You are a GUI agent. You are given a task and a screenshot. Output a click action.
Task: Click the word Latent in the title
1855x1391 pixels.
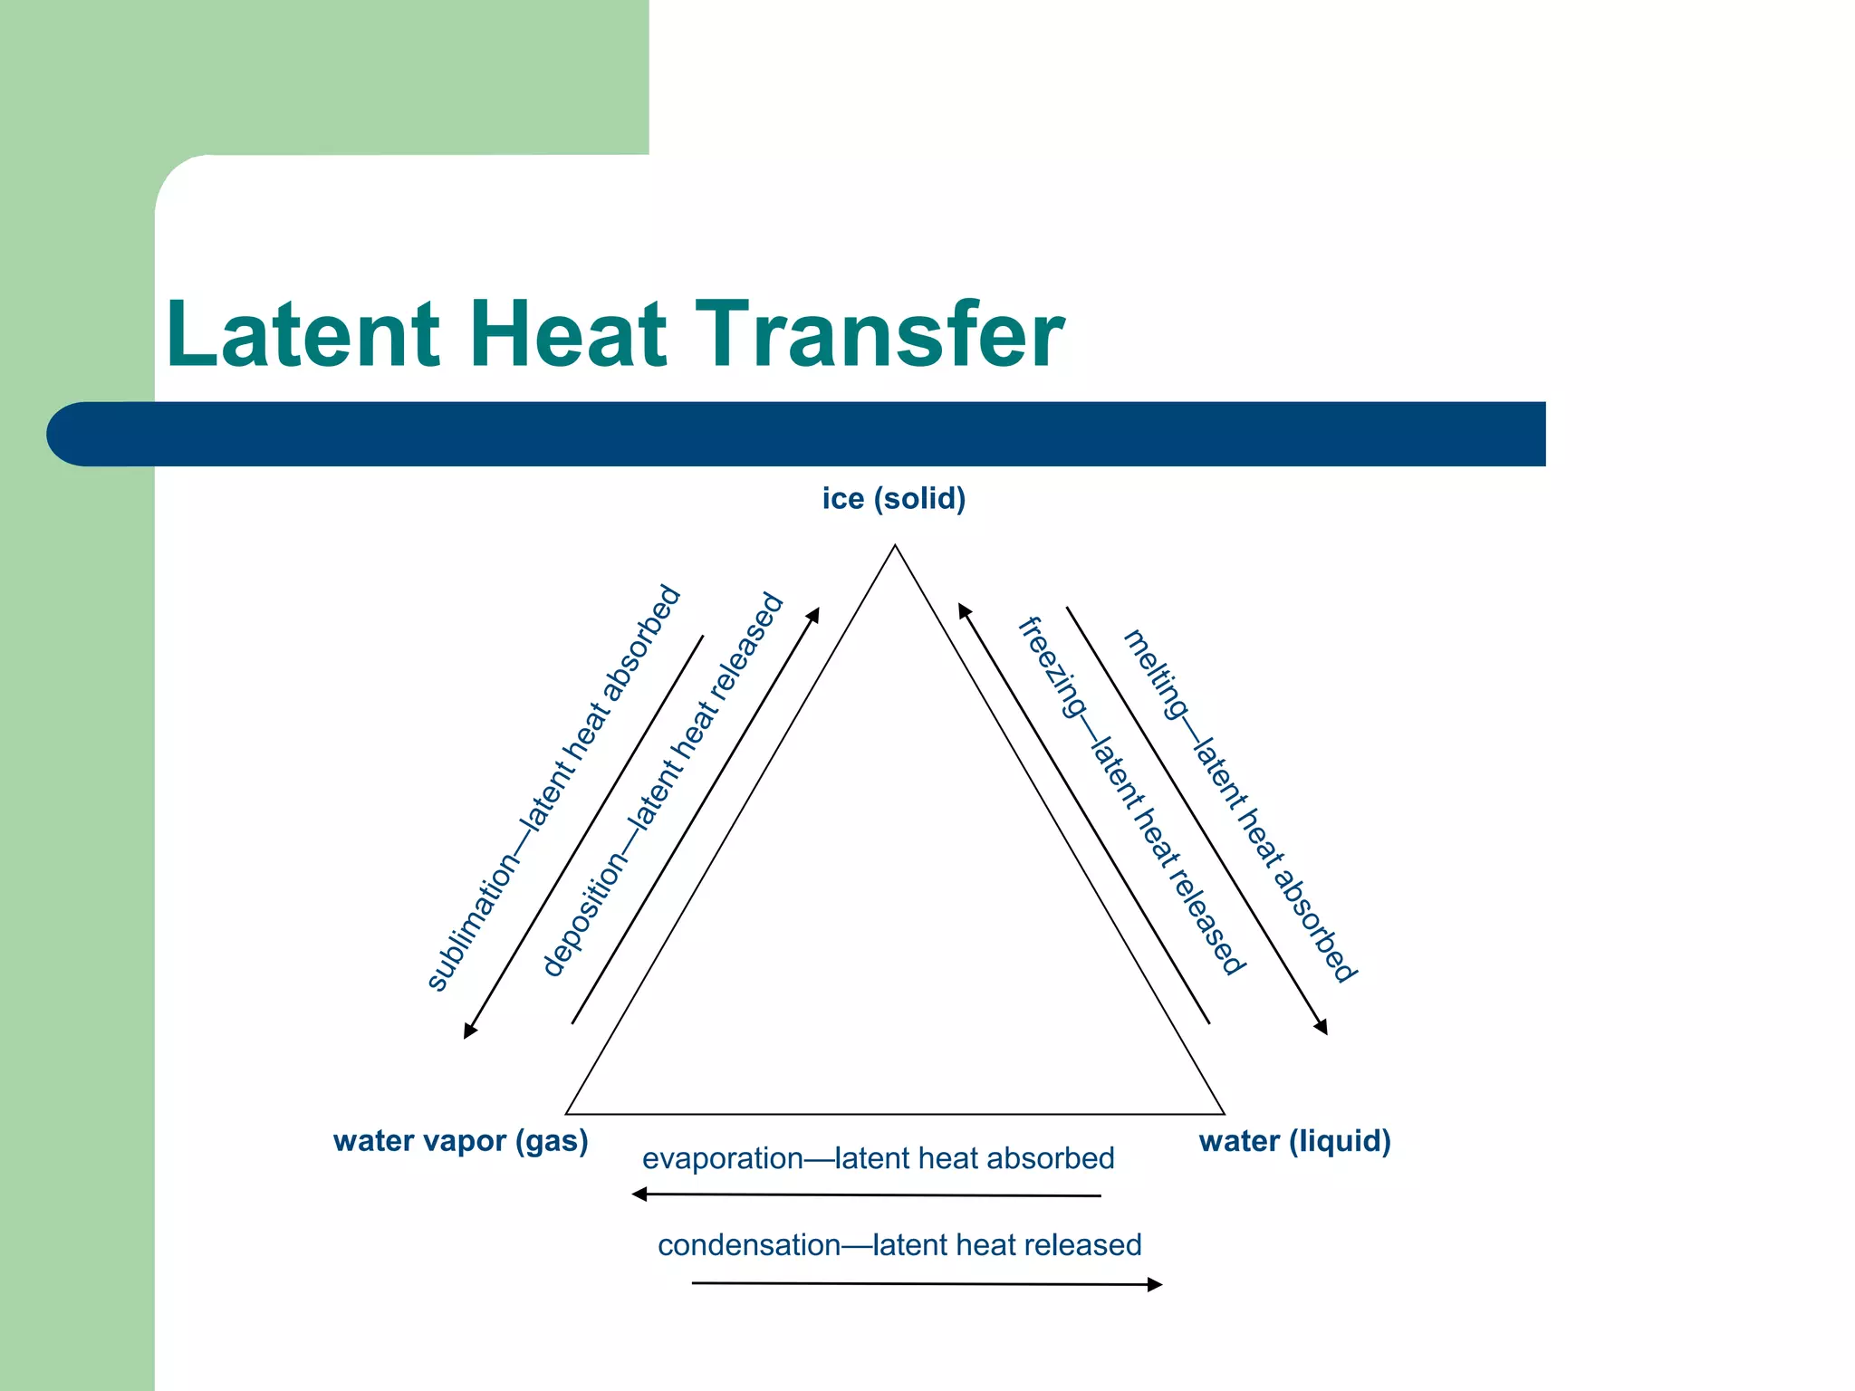[303, 335]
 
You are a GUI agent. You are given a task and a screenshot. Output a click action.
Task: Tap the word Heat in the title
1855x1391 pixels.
[568, 335]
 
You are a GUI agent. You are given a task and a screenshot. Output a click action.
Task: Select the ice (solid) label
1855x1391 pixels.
[894, 499]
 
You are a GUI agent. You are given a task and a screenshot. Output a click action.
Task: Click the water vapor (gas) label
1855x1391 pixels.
[460, 1140]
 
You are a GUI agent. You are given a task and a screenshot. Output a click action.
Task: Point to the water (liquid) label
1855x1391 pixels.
[1294, 1140]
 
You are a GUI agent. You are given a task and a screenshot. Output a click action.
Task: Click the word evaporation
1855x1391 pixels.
[722, 1159]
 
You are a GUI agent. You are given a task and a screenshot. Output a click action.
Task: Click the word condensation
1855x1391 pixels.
[748, 1245]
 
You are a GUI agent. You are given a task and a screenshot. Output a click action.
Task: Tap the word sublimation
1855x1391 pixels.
[473, 926]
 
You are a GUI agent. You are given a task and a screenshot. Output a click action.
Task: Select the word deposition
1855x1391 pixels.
[584, 915]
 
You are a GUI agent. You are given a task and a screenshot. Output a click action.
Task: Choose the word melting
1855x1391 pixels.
[1155, 675]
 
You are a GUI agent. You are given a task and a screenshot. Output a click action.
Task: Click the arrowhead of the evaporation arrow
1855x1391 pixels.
[639, 1194]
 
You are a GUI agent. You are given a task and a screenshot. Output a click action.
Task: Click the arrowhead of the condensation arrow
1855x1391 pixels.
[1155, 1284]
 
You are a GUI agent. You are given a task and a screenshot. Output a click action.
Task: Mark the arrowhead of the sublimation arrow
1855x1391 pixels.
[469, 1031]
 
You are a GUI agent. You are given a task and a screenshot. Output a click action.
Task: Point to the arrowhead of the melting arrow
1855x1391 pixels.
[1322, 1027]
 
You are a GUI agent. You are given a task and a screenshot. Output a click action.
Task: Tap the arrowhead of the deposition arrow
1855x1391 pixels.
[814, 615]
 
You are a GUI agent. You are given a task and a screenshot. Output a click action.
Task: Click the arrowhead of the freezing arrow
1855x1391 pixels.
[964, 611]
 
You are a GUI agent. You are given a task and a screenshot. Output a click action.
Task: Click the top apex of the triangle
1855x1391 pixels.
[895, 545]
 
